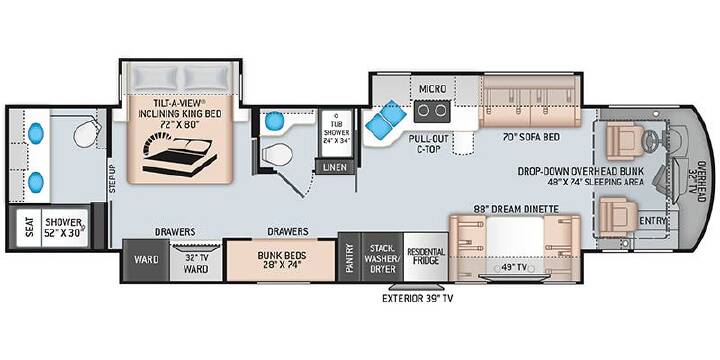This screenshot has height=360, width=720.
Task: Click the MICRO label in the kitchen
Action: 433,89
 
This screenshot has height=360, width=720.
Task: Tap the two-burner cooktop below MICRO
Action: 432,111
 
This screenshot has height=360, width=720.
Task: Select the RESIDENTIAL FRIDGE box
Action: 426,257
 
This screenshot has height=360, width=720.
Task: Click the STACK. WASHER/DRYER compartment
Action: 382,257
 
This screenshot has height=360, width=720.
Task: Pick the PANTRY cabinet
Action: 349,257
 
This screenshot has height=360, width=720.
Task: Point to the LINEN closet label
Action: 335,167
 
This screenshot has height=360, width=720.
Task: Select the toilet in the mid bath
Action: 278,153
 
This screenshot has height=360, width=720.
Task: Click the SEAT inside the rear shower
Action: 29,227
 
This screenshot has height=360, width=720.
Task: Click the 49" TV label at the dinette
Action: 513,265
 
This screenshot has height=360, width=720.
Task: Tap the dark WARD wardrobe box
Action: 146,260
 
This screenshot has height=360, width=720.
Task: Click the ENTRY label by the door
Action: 653,221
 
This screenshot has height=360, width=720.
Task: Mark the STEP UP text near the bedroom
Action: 112,178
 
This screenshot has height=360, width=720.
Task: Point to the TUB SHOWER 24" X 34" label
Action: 336,128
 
